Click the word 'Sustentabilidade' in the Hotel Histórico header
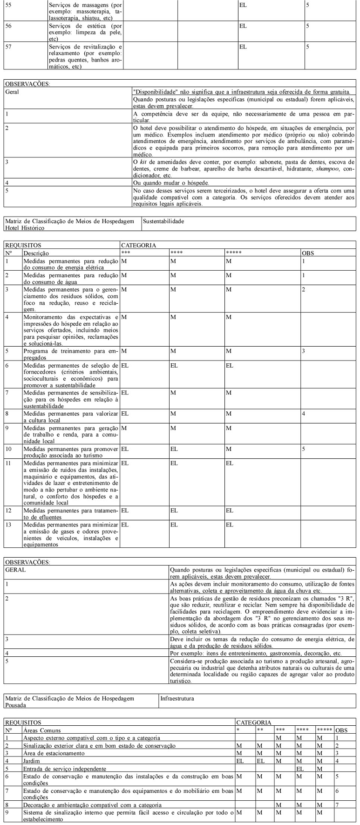163,221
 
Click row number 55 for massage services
8,4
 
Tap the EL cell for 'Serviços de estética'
243,26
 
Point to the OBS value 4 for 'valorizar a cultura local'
303,413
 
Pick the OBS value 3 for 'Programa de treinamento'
303,351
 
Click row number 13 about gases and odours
8,525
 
